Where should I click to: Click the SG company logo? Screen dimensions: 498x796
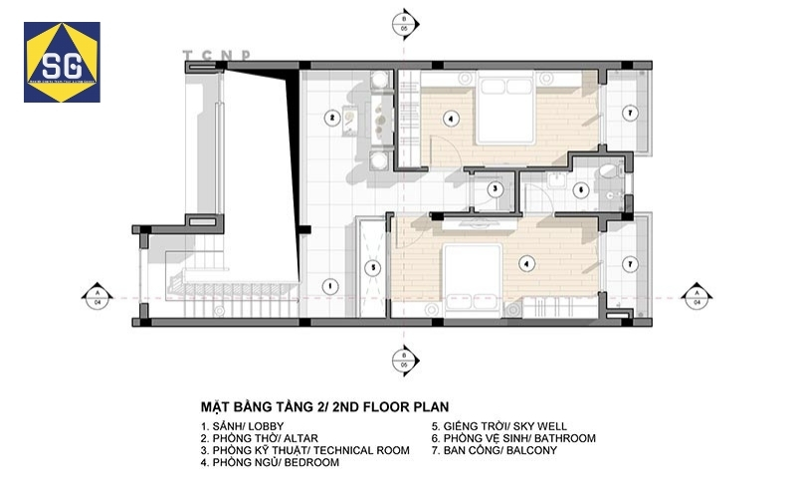point(62,63)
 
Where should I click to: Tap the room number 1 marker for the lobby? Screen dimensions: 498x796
point(326,285)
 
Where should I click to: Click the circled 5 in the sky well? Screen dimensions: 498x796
point(371,267)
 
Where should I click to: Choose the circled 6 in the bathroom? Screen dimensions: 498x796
point(581,188)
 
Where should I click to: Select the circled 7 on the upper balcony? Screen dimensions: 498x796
point(629,114)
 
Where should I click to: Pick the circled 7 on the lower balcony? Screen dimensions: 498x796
point(629,265)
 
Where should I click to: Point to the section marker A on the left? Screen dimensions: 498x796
point(98,296)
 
